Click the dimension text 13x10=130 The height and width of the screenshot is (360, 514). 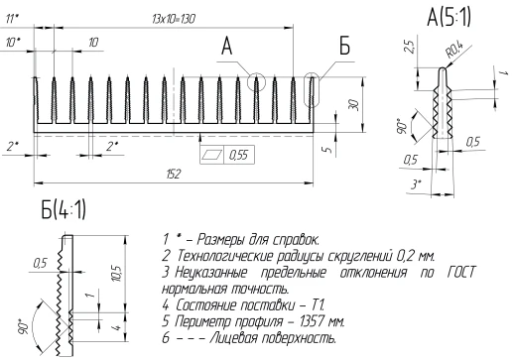pyautogui.click(x=171, y=19)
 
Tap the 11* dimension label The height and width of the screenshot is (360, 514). pyautogui.click(x=13, y=18)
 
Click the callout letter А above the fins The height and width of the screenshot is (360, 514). pyautogui.click(x=226, y=47)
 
